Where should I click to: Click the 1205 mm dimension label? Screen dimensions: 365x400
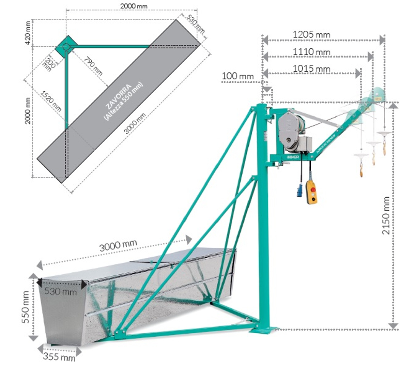click(311, 34)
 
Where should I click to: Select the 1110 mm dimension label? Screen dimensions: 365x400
click(311, 52)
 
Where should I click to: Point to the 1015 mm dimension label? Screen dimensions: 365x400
click(311, 69)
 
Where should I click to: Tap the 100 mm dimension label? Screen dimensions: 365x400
click(238, 76)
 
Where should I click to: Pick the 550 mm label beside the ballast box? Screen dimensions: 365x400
click(25, 307)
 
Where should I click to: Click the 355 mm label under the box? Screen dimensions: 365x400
click(59, 357)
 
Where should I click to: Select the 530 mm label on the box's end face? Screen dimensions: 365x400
click(61, 291)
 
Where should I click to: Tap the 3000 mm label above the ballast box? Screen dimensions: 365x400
click(118, 245)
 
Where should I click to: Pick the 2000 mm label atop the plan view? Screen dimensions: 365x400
click(134, 6)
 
